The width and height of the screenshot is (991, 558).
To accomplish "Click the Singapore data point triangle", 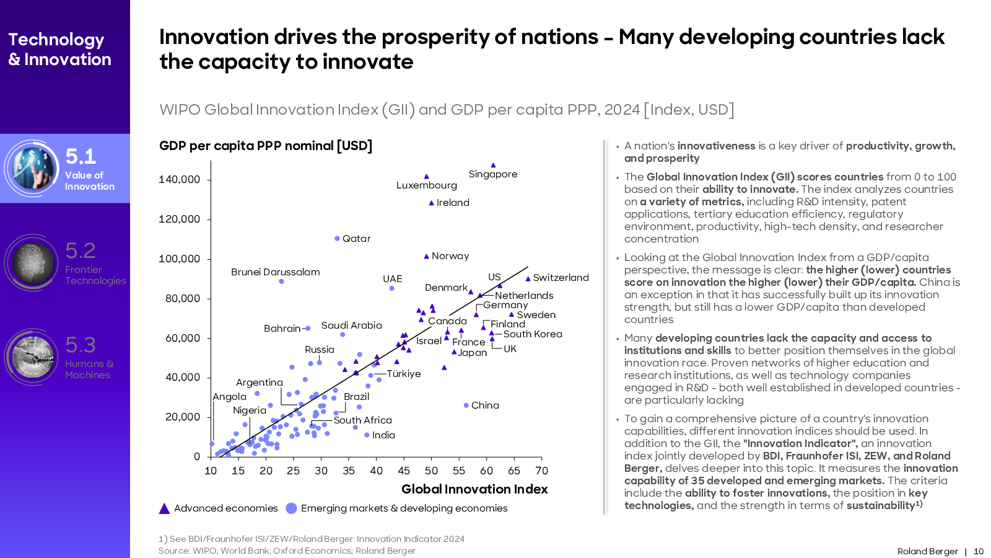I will point(493,166).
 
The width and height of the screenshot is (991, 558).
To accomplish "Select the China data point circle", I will point(466,405).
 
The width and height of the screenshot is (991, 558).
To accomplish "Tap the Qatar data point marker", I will point(337,239).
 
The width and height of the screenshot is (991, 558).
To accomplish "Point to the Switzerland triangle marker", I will point(528,279).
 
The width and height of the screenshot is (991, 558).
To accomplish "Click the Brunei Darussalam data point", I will point(281,281).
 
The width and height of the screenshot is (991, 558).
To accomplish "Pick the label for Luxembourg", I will point(426,185).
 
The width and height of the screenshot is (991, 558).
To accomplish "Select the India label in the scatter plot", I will point(383,435).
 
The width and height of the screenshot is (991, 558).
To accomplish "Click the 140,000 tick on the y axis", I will point(180,180).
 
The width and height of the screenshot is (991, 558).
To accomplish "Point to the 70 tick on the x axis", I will point(542,471).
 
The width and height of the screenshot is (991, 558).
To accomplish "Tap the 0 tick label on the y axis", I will point(197,457).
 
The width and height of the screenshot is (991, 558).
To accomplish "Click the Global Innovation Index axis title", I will point(474,489).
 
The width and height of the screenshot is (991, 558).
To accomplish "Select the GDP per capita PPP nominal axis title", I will point(266,146).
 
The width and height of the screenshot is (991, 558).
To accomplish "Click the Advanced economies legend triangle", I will point(164,508).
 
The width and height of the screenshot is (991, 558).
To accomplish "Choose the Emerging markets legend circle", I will point(291,508).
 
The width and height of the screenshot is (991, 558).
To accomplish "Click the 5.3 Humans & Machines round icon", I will point(32,357).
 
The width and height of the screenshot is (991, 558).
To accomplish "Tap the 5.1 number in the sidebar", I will point(81,156).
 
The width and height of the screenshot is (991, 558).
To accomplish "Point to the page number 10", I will point(979,551).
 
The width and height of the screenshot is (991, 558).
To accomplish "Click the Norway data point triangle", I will point(426,256).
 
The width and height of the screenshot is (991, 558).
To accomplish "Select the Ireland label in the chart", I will point(453,203).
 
